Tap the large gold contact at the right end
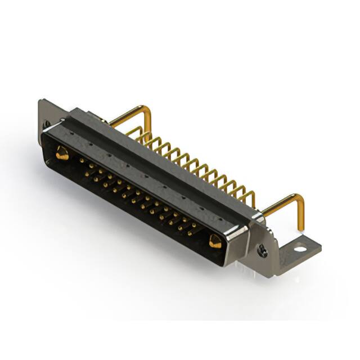tap(215, 241)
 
